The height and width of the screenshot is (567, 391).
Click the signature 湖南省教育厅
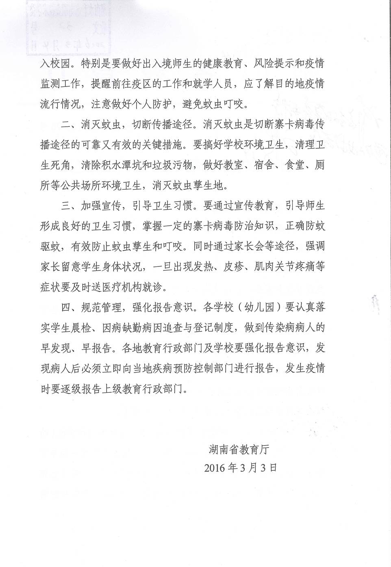(239, 449)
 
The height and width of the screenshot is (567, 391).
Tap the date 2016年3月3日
(241, 468)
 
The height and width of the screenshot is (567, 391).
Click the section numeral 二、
(70, 125)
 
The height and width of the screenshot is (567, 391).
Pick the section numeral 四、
(70, 307)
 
